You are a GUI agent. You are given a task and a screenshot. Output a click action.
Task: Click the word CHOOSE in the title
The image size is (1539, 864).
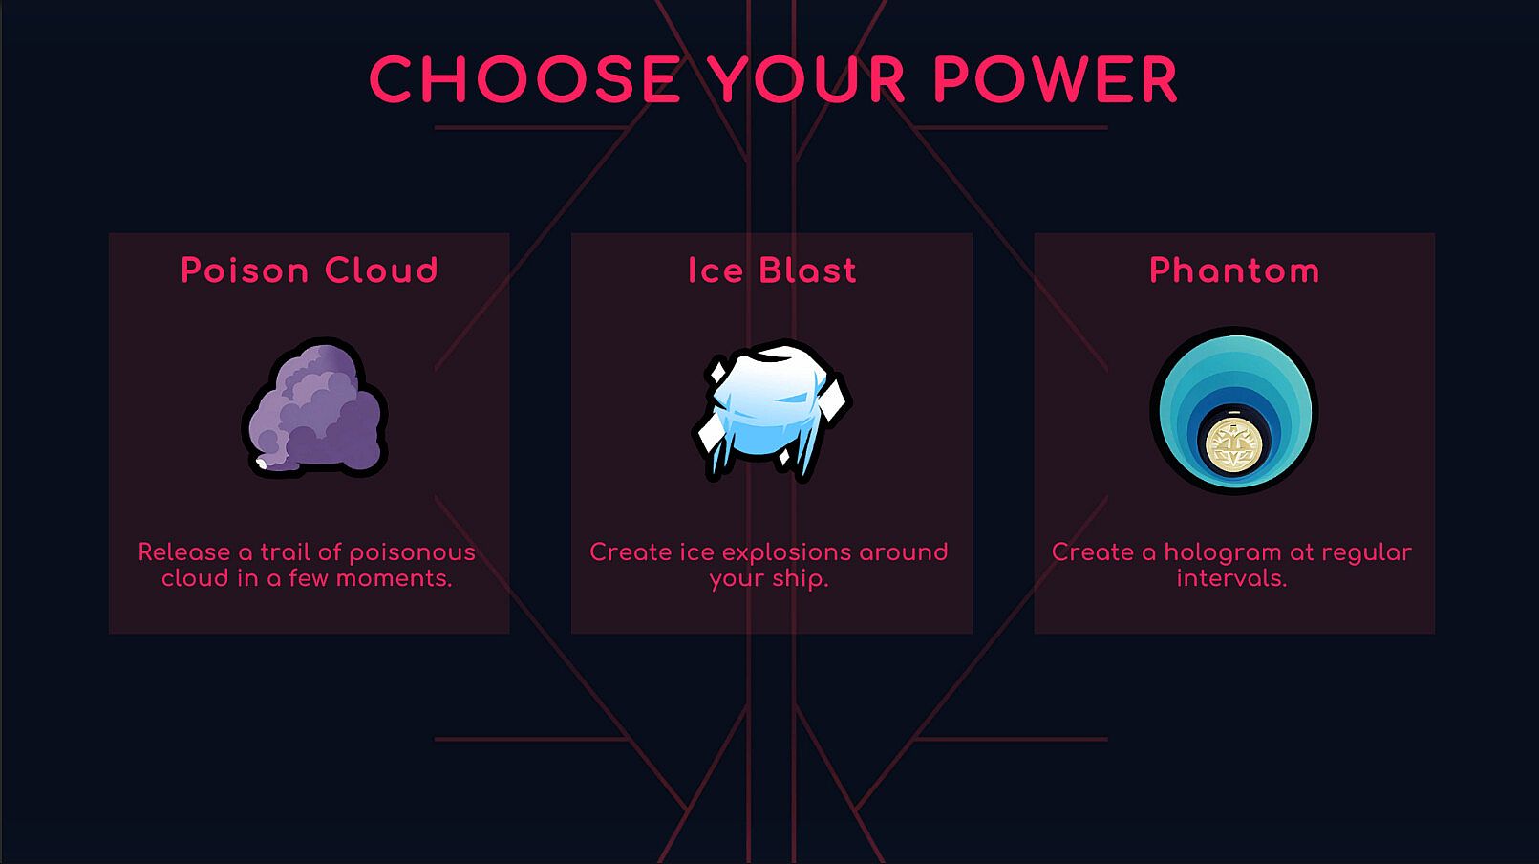524,78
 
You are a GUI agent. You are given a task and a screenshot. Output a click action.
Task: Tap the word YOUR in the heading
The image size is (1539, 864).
807,78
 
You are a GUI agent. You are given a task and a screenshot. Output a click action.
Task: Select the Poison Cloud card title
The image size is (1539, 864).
310,270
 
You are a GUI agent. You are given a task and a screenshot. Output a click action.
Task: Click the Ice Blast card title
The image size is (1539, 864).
772,270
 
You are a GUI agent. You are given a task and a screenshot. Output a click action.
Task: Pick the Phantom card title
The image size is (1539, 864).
1234,270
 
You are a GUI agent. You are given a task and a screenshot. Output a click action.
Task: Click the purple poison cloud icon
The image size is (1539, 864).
314,408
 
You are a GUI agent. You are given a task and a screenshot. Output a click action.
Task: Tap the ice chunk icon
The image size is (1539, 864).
772,410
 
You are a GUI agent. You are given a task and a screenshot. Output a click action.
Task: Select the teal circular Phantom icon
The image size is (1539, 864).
1234,410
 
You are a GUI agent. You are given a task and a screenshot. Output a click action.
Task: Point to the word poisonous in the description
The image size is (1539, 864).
413,553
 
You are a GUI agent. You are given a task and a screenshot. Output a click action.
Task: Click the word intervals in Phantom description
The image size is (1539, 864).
1231,579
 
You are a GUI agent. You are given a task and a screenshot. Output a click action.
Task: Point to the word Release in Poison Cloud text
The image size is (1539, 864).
184,552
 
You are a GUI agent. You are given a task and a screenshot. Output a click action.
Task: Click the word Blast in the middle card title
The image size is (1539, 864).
808,270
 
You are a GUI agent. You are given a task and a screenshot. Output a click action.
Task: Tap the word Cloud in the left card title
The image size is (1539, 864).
381,270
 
